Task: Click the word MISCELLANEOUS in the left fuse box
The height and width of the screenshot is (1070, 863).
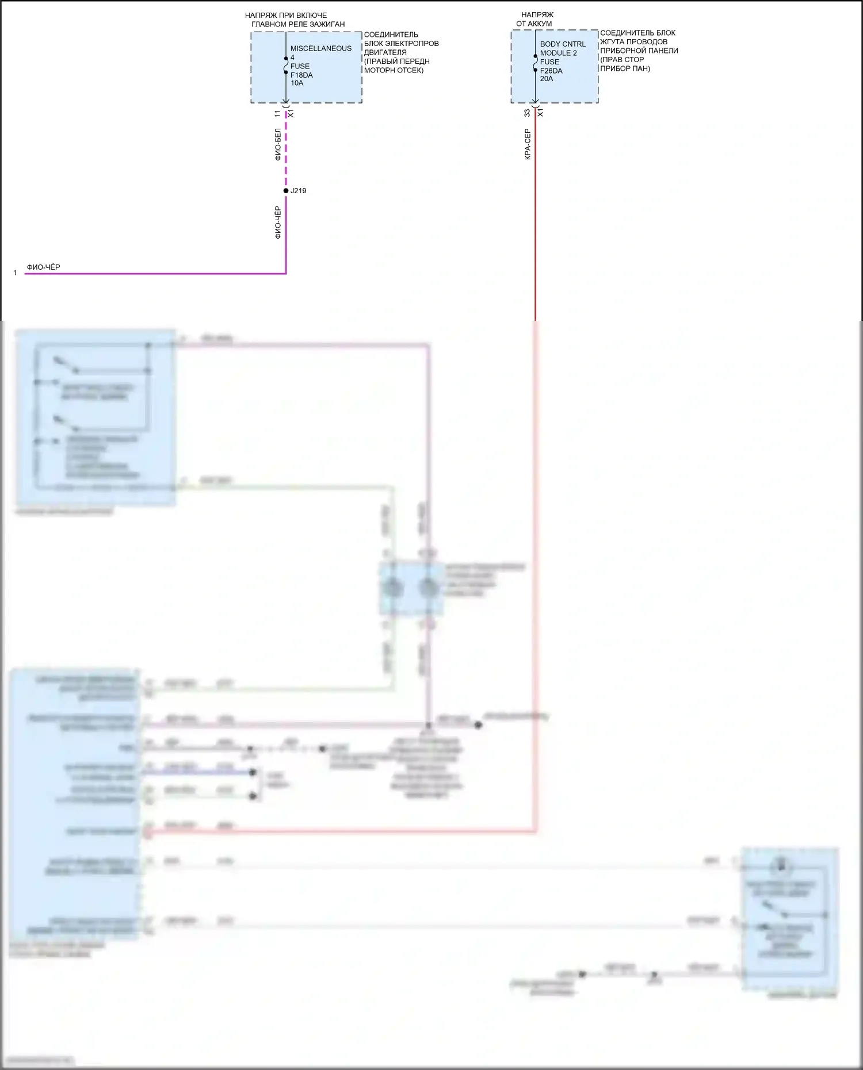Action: [320, 48]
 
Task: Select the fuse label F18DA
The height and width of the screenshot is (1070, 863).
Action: [301, 75]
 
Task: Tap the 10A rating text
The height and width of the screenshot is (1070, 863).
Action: [297, 83]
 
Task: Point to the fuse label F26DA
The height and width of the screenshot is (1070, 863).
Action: [551, 71]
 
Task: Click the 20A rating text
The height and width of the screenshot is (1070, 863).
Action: [547, 79]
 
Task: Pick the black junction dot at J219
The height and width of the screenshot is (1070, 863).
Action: [286, 191]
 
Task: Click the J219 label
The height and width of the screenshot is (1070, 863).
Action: [298, 191]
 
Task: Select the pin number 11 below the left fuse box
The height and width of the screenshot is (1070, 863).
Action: [278, 114]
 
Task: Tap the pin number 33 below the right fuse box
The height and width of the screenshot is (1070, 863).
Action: [527, 113]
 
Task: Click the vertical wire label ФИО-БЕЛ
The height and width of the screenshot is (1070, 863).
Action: [278, 144]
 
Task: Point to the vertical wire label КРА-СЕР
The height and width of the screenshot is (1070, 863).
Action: [528, 144]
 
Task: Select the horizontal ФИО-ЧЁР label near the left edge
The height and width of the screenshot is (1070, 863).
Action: [43, 267]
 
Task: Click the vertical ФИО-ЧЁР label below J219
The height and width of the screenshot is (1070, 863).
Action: [278, 223]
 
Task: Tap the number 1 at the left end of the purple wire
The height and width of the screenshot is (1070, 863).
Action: [15, 273]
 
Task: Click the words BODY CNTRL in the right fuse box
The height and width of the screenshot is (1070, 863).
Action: [563, 44]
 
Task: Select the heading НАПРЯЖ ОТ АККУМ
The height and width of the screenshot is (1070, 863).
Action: [536, 19]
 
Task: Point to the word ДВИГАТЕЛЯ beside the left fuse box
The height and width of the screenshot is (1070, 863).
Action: [385, 52]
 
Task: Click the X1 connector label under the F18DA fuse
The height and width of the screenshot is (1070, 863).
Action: [291, 114]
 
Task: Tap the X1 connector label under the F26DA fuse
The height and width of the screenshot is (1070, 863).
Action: [540, 113]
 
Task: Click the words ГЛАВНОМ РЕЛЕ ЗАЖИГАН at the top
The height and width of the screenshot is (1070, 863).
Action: [298, 24]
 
